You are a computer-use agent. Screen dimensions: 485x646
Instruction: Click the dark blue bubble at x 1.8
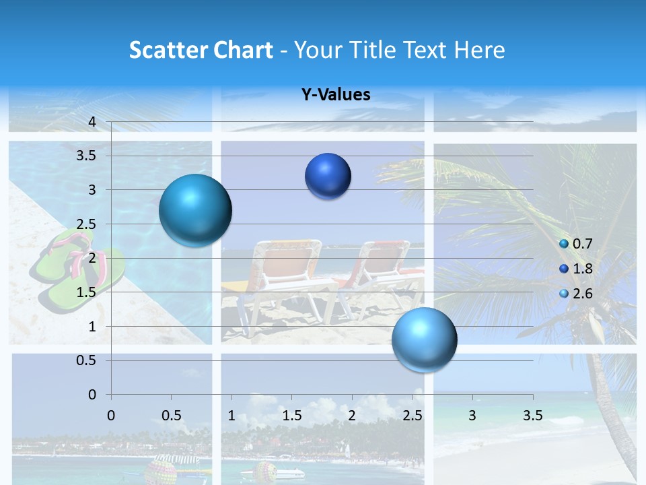coord(328,176)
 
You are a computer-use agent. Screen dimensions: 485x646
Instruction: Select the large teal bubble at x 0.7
coord(195,211)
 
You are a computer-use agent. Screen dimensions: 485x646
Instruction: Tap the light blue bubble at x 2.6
coord(424,339)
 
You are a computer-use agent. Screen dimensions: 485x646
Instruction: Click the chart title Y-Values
coord(336,95)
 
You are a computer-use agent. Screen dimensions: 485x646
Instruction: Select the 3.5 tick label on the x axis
coord(532,416)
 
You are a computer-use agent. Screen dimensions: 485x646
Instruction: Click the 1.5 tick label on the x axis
coord(291,416)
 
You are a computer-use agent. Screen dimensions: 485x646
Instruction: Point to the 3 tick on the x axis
coord(472,416)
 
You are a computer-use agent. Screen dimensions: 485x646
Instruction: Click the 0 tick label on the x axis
coord(112,416)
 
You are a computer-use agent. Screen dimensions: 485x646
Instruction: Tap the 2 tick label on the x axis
coord(351,416)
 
